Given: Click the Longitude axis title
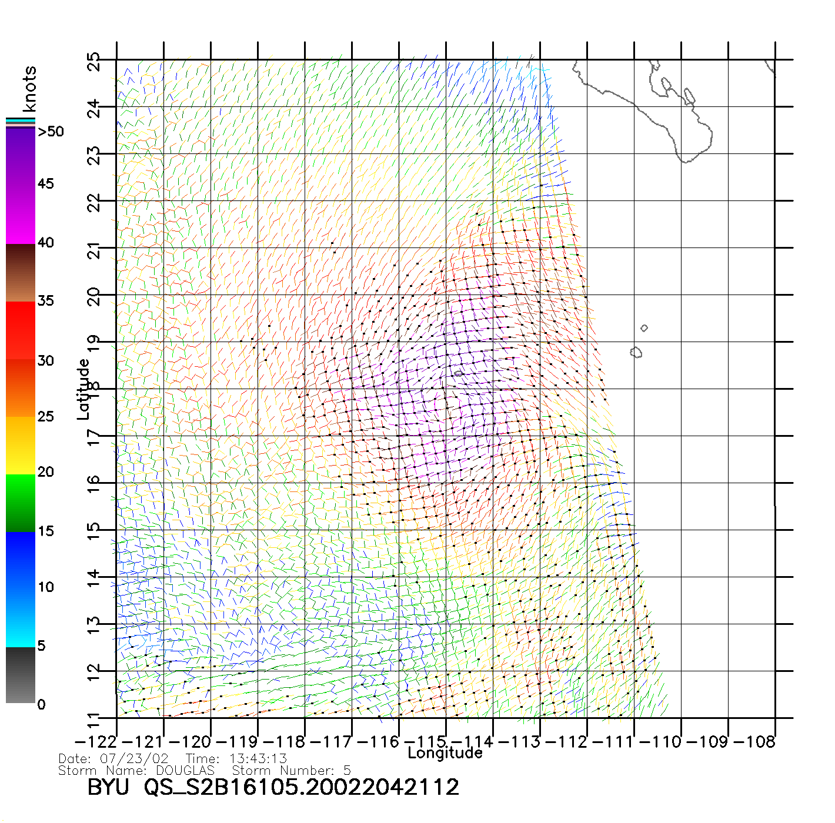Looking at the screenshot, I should [x=445, y=753].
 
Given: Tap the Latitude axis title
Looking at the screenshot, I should [x=83, y=389].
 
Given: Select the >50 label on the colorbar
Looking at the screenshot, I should [x=51, y=132].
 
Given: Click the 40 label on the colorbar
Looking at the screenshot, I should [x=46, y=242].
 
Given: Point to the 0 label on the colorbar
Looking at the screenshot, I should [x=41, y=704].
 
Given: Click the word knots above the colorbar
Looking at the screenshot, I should [x=29, y=89].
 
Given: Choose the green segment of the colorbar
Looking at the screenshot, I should [x=21, y=503].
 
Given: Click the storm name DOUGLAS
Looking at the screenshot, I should [x=185, y=770].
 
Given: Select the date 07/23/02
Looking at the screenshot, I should [x=134, y=759].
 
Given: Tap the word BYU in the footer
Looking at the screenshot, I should [x=108, y=787].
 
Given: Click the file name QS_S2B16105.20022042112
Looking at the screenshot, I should [x=302, y=787].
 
